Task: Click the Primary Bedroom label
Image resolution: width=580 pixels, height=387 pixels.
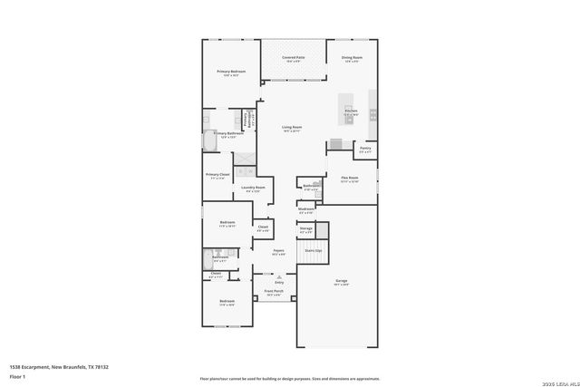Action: [x=230, y=72]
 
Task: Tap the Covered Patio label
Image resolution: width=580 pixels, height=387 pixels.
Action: [x=293, y=58]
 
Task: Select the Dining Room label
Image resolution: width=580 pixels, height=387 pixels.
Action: [x=352, y=58]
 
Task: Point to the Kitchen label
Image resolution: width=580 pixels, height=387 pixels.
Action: [x=351, y=111]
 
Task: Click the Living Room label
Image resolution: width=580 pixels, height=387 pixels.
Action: [x=291, y=128]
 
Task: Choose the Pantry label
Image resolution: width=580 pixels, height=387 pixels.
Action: [x=364, y=149]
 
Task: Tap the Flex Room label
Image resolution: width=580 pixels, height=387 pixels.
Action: [x=349, y=179]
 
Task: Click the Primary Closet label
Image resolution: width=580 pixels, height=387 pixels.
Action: [x=217, y=175]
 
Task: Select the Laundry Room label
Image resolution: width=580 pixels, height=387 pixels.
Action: [x=253, y=189]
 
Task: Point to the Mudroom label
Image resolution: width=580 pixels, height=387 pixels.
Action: [x=306, y=209]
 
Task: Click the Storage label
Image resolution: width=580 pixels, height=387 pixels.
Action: [x=306, y=229]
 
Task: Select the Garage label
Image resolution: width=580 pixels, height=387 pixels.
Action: [x=342, y=282]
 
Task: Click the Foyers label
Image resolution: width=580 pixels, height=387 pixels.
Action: [x=278, y=251]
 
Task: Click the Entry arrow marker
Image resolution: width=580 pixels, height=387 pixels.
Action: [x=267, y=282]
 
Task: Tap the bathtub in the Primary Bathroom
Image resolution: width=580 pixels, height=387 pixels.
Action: [x=208, y=142]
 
